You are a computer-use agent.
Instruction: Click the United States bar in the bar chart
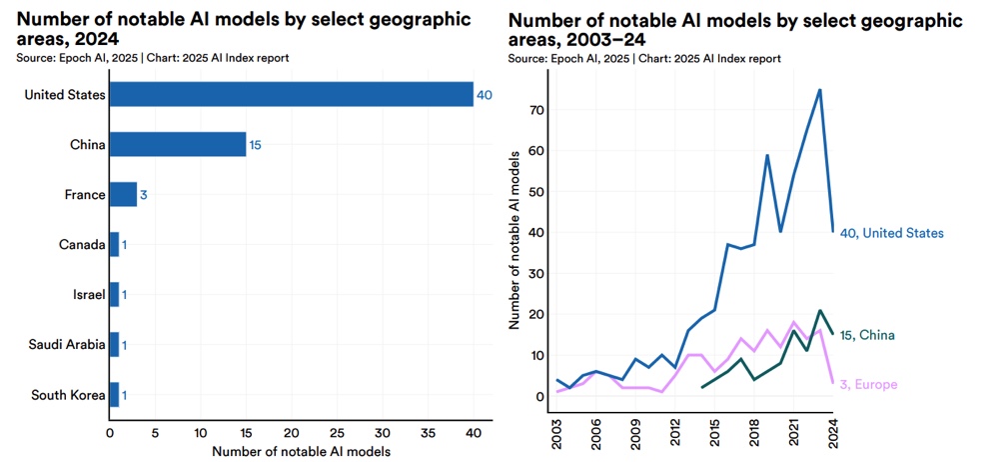click(x=290, y=94)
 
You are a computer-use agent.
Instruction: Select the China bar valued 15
click(x=177, y=144)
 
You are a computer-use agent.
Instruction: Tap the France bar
click(x=123, y=194)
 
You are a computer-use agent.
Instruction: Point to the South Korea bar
click(x=114, y=394)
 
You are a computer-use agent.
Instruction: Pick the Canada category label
click(x=80, y=244)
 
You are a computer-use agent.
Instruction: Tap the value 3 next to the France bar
click(x=144, y=194)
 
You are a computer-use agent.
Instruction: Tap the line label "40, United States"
click(x=891, y=233)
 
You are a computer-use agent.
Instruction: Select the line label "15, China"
click(x=867, y=335)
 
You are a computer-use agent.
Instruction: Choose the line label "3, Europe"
click(x=869, y=384)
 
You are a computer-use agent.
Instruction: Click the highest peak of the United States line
click(x=820, y=90)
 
